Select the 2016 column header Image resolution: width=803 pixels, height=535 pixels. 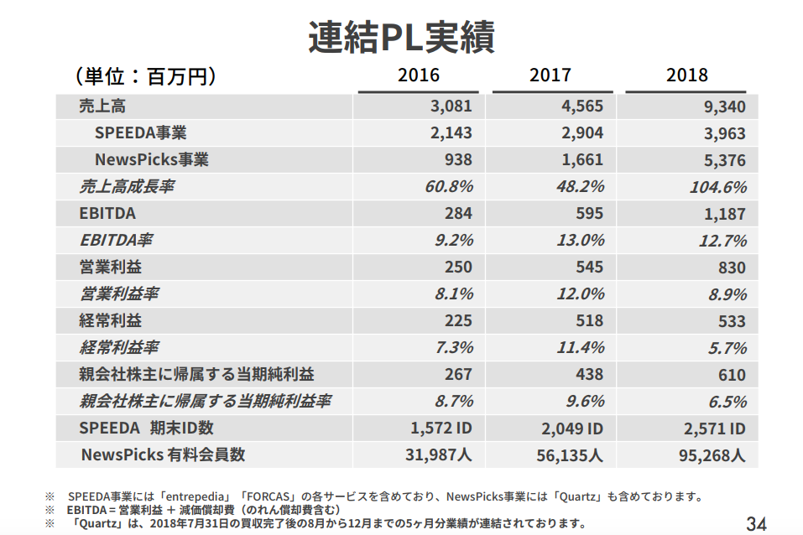418,75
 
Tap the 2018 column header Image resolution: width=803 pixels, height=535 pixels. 686,75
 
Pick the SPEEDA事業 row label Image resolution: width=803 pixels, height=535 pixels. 140,133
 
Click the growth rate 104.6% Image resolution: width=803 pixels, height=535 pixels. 717,187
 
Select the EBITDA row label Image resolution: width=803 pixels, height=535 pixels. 107,214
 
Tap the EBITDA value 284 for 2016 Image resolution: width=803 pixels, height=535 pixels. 458,214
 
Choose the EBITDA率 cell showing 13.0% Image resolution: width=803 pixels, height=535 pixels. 580,241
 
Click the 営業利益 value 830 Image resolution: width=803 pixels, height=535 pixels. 731,267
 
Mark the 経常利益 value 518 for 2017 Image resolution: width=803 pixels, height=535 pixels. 589,321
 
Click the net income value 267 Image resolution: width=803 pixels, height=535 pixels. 458,375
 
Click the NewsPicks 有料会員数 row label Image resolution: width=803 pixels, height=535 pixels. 163,455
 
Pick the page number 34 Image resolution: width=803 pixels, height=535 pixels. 756,524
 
